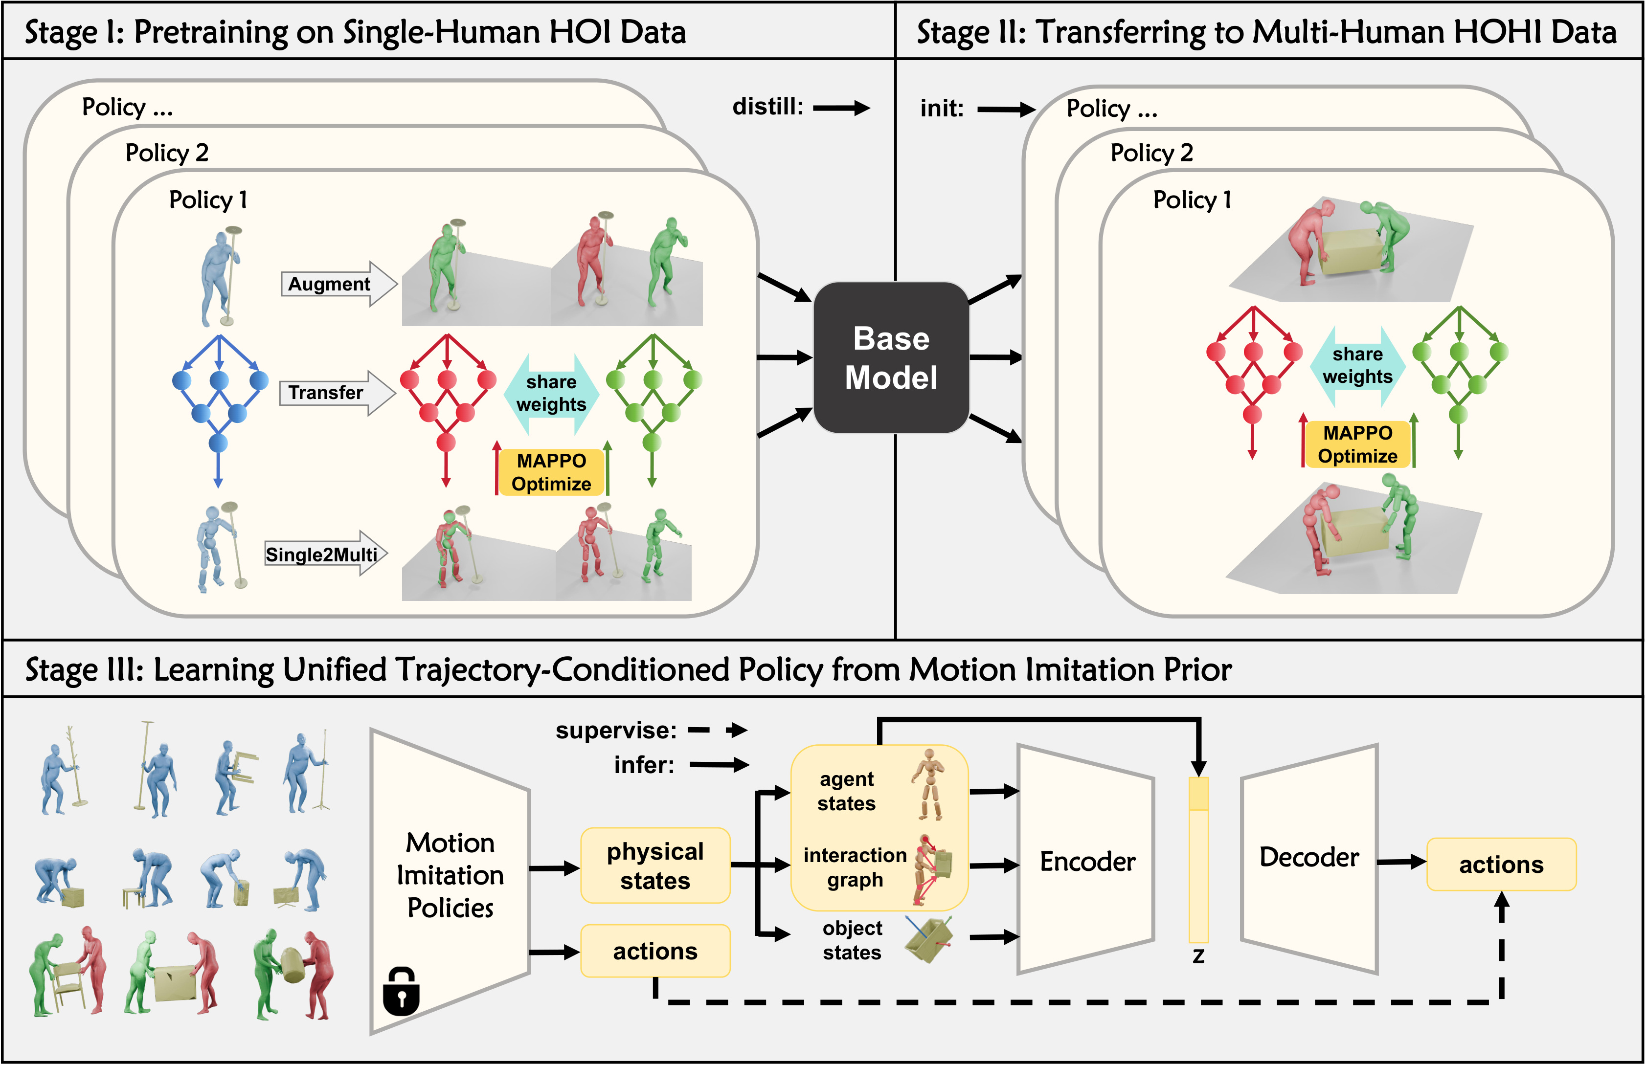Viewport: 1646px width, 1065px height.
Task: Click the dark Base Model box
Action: point(891,357)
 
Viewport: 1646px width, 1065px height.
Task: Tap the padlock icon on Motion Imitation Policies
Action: point(401,991)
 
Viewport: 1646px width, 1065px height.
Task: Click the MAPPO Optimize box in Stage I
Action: point(551,472)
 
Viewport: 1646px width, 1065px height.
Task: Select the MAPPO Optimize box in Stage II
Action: point(1357,444)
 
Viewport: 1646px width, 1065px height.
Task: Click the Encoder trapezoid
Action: point(1086,861)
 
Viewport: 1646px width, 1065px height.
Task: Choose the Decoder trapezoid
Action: point(1308,858)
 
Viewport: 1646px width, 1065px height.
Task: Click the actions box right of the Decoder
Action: point(1501,865)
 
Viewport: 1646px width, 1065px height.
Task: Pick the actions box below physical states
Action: point(655,951)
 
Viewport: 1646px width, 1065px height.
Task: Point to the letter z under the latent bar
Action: point(1198,956)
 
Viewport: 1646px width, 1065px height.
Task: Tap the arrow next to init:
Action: point(1006,109)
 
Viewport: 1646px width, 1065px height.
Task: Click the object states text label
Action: point(852,940)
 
